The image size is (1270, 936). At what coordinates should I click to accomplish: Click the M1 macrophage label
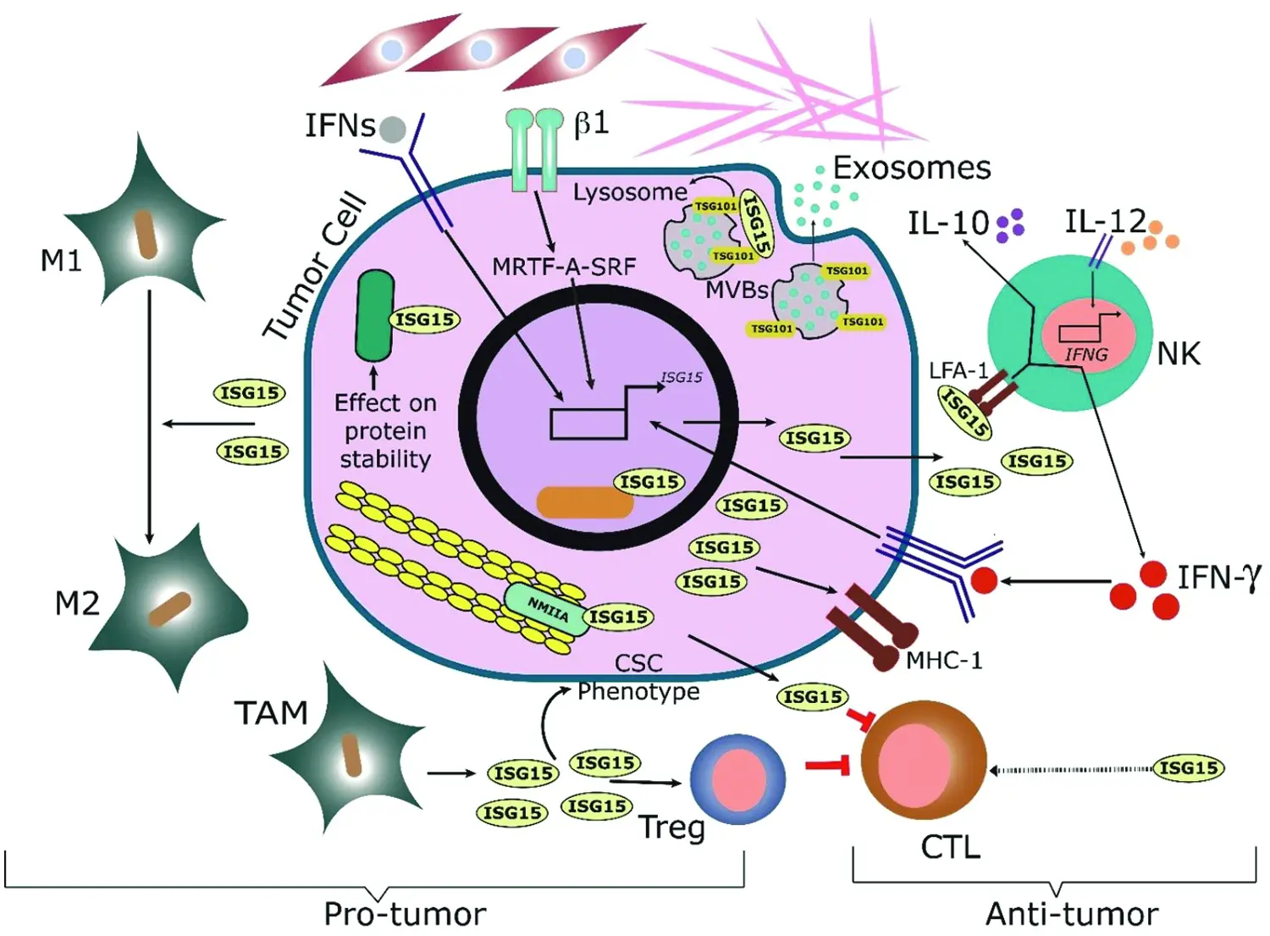(61, 261)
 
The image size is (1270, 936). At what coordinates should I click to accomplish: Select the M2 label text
(77, 604)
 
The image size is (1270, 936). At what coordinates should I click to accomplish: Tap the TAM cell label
(271, 713)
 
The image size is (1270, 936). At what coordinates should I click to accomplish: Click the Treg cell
(737, 779)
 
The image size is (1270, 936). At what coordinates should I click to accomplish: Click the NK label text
(1178, 353)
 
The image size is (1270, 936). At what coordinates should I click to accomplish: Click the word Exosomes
(912, 168)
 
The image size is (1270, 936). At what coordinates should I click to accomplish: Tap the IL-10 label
(948, 224)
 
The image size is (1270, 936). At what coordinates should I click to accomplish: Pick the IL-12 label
(1105, 222)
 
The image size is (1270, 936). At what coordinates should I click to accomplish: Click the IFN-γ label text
(1219, 578)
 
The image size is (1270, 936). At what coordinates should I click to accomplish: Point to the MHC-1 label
(944, 661)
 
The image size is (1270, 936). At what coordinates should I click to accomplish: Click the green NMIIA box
(547, 609)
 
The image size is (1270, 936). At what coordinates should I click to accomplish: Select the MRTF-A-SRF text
(564, 267)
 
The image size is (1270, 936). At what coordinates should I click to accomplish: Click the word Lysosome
(630, 192)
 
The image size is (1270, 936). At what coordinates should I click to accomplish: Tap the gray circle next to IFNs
(392, 130)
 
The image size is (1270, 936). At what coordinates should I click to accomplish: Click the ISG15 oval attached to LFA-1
(965, 413)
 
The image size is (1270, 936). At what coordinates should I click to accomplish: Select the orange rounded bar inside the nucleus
(585, 502)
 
